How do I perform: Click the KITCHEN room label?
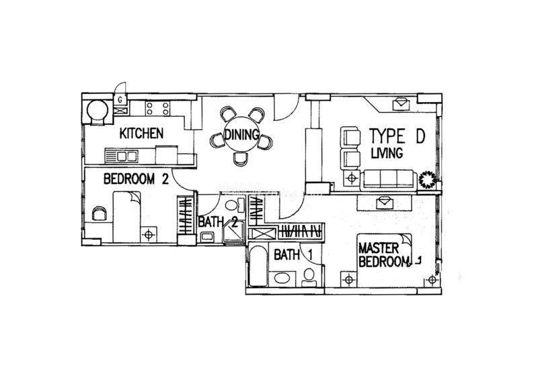[141, 134]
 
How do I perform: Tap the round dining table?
[241, 135]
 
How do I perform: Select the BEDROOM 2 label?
[136, 179]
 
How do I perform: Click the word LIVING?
[387, 153]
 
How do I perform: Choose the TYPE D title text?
[397, 136]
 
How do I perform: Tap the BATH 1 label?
[293, 255]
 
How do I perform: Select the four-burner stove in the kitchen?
[157, 108]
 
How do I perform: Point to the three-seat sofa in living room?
[389, 179]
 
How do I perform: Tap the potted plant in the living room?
[428, 179]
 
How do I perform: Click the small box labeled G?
[120, 100]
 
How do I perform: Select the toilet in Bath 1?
[309, 277]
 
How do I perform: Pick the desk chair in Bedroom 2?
[99, 213]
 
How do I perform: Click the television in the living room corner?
[401, 103]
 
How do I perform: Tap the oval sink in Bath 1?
[282, 277]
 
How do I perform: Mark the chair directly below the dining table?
[241, 159]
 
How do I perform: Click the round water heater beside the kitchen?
[97, 110]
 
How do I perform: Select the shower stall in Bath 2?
[233, 233]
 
